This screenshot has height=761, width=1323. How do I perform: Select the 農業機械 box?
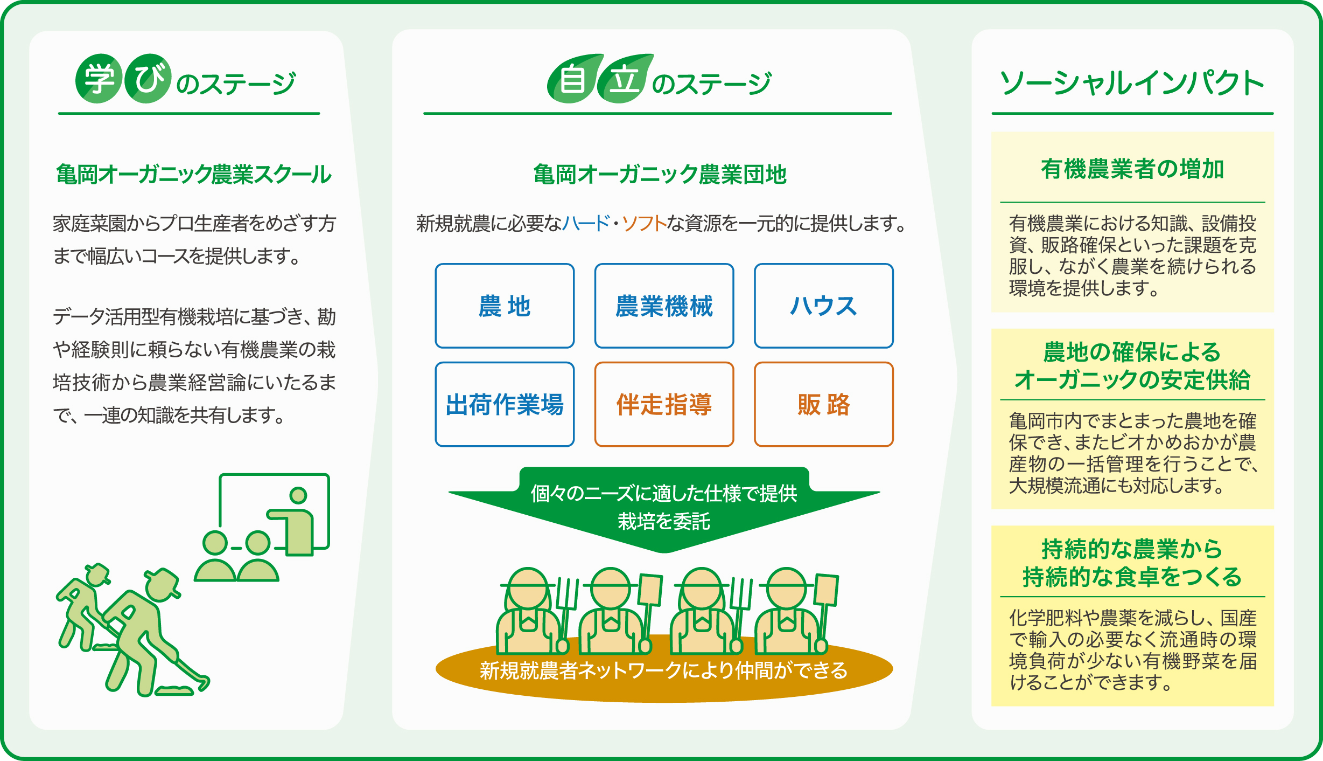tap(664, 306)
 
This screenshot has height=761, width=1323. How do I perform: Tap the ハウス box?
tap(824, 306)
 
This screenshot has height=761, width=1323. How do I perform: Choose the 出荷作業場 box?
tap(505, 404)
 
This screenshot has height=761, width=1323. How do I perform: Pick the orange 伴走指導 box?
tap(664, 404)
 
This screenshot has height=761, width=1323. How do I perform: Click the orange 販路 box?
tap(824, 404)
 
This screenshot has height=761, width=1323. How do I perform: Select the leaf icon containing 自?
tap(574, 79)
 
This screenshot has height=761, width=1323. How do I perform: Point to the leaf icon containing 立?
tap(625, 79)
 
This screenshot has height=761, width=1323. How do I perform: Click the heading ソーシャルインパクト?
tap(1132, 83)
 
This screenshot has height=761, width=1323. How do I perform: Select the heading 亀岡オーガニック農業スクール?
tap(194, 175)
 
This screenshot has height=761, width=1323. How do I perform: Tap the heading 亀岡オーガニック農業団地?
tap(660, 175)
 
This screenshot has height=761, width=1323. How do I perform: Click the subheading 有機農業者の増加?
tap(1132, 169)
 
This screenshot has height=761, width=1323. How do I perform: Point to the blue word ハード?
tap(586, 223)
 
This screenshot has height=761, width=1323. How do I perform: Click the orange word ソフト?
tap(645, 223)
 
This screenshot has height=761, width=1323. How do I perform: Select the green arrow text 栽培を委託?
tap(664, 521)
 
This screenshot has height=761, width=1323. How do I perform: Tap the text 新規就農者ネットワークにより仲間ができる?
tap(664, 670)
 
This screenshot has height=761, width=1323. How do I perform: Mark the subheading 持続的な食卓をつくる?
tap(1132, 577)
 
